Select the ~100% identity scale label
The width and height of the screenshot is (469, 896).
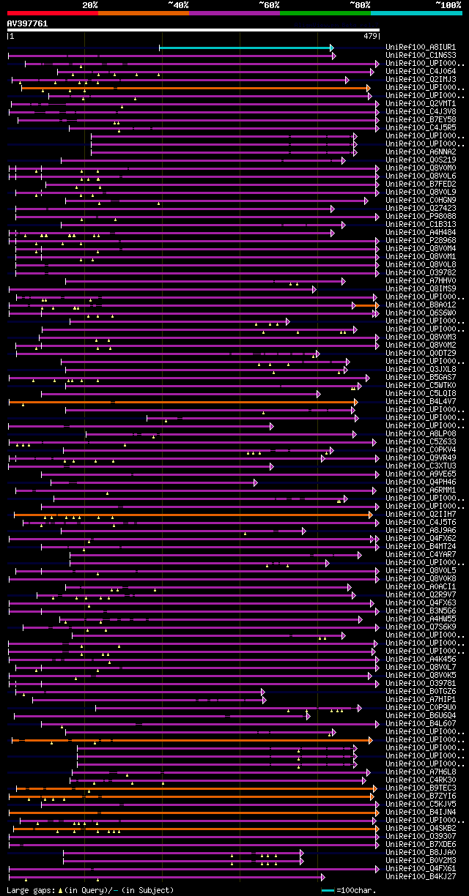tap(447, 4)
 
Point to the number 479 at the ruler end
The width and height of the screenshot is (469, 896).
tap(370, 35)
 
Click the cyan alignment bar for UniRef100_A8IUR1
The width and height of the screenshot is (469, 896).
tap(245, 48)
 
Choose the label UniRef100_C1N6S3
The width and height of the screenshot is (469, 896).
tap(421, 55)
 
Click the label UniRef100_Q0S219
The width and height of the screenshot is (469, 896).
tap(421, 160)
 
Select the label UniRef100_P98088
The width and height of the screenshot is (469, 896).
tap(421, 216)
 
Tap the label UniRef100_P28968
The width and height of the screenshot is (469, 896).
tap(421, 240)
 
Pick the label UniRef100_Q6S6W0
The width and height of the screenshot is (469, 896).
tap(421, 313)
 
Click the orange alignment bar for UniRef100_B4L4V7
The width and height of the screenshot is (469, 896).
tap(183, 402)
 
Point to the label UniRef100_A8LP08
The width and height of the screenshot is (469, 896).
tap(421, 433)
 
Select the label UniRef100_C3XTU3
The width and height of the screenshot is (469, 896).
tap(421, 466)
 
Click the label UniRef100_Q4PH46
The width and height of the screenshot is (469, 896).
tap(421, 482)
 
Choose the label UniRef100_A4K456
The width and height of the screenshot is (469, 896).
tap(421, 659)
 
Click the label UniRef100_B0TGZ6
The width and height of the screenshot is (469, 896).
tap(421, 691)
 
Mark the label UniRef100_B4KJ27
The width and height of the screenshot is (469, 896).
tap(421, 876)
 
